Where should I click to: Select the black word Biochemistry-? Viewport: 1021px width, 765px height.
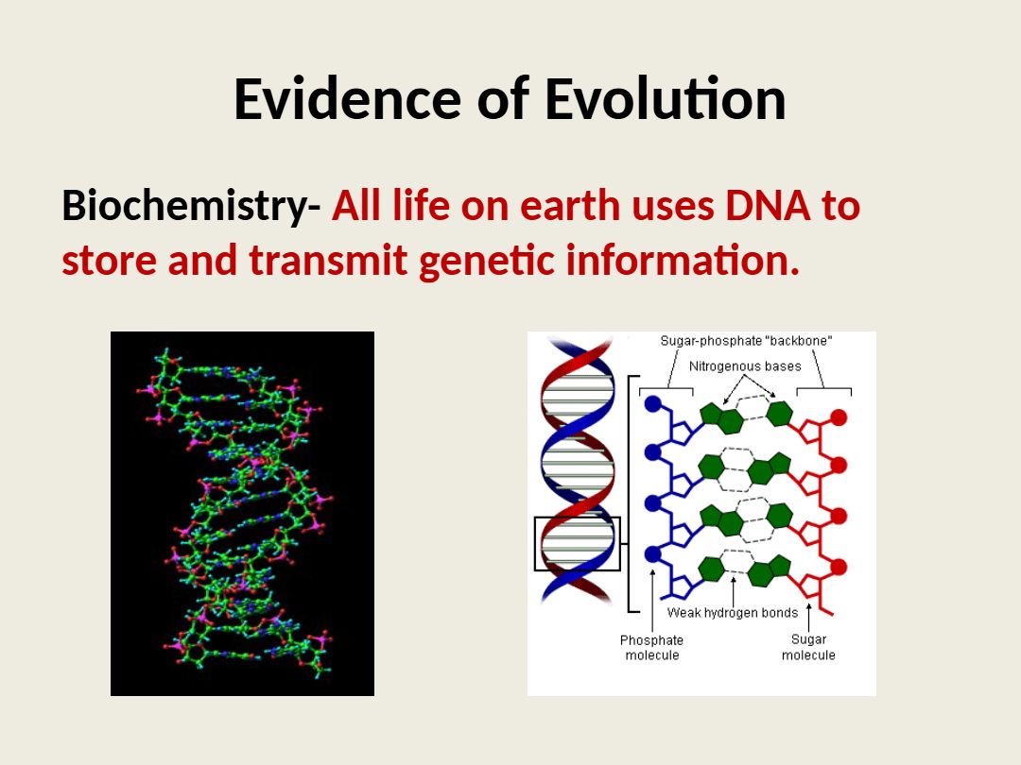[191, 207]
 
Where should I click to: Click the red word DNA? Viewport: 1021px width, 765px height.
[768, 206]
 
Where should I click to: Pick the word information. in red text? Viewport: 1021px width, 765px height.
[683, 259]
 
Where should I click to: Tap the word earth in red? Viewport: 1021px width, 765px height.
[570, 206]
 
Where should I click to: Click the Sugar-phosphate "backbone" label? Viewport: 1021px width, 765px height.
[746, 341]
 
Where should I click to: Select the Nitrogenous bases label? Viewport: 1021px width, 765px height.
[745, 366]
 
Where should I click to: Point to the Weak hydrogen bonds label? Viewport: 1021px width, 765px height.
[733, 612]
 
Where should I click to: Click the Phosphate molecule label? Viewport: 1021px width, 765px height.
[651, 648]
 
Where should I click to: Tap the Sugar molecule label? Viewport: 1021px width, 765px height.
[808, 647]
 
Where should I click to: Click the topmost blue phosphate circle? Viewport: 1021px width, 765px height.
[653, 404]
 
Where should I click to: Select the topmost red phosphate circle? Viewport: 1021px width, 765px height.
[839, 417]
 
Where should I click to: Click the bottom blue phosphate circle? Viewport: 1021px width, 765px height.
[653, 555]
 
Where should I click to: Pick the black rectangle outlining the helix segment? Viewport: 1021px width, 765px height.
[534, 544]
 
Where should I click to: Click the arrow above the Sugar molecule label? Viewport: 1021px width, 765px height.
[808, 617]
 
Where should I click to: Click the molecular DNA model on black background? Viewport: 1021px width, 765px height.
[242, 513]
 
